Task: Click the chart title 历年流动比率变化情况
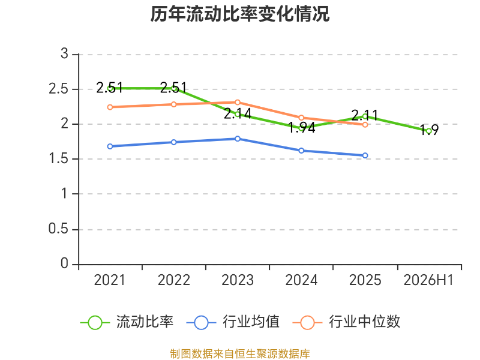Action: pos(239,14)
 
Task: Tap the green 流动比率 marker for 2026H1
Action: pos(429,131)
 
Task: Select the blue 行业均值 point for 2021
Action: pos(110,146)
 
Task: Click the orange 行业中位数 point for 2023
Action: pos(238,102)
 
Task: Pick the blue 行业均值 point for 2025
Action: pos(365,155)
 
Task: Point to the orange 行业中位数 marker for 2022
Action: pos(173,104)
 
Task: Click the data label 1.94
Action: pos(302,128)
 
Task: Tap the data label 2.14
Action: pos(238,114)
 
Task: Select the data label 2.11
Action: pos(364,115)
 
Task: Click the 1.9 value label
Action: pos(429,130)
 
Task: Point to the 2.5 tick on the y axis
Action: pos(58,89)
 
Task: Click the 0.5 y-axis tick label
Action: pos(58,229)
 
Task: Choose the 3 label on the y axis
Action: pos(64,54)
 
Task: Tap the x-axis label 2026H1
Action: pos(428,280)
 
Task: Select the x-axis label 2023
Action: pos(238,280)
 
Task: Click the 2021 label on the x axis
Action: pos(110,280)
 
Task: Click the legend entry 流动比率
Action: pos(127,322)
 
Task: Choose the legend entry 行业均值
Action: pos(233,322)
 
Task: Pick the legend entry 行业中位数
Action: pos(346,322)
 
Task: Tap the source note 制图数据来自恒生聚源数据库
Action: pos(240,354)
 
